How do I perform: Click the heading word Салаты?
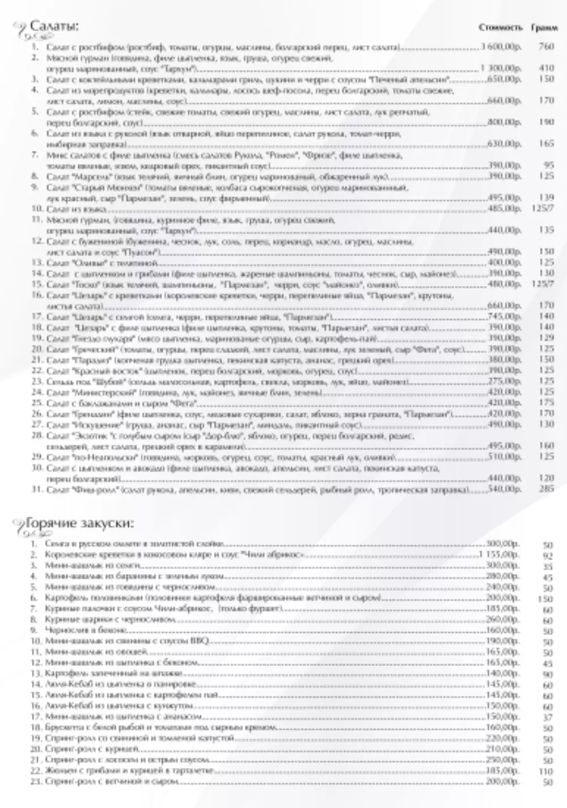click(x=53, y=27)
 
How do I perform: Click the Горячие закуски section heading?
click(x=79, y=523)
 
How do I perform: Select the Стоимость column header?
click(x=501, y=27)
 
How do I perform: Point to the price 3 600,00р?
click(x=501, y=46)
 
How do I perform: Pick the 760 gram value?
click(x=546, y=46)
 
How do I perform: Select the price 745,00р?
click(x=504, y=316)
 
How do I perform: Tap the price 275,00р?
click(x=504, y=381)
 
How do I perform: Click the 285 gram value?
click(x=546, y=489)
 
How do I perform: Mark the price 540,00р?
click(x=504, y=489)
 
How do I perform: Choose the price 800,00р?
click(x=504, y=122)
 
